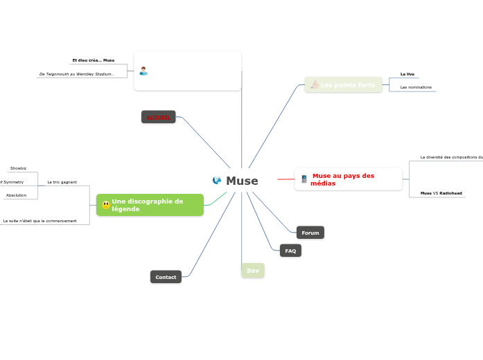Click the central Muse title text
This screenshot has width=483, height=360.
242,181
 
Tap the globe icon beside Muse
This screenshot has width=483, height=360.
217,181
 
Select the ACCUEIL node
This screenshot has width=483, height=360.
158,118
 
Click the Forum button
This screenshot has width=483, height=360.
310,233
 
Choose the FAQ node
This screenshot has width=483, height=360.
290,251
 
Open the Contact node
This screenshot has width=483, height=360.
166,277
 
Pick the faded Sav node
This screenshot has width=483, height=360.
253,271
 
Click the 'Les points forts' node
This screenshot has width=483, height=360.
347,85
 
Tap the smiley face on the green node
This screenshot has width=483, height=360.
105,205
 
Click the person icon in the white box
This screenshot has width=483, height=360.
143,71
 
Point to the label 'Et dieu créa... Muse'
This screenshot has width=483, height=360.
94,60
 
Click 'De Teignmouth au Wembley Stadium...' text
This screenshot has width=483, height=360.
77,74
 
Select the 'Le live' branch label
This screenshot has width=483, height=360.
407,73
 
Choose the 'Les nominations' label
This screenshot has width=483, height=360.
416,87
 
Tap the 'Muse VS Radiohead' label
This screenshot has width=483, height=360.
441,193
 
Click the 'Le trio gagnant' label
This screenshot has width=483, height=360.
62,182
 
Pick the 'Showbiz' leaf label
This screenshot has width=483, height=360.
18,168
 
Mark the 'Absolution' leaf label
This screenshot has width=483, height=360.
16,195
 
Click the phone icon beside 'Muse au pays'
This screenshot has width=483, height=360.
304,179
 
